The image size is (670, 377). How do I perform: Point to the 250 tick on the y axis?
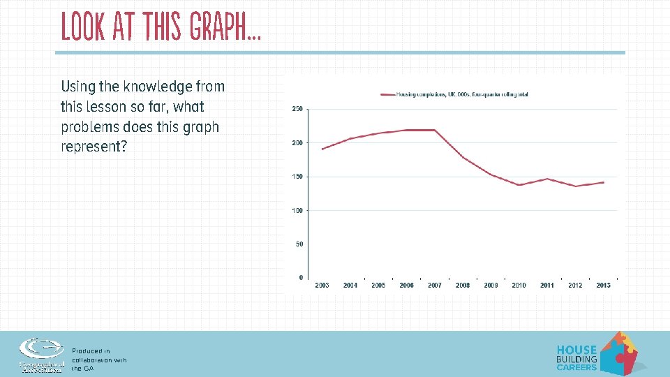[x=297, y=109]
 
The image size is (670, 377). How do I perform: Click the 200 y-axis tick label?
[x=297, y=143]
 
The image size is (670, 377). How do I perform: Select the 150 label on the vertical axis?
[x=297, y=177]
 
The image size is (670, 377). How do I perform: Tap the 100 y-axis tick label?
[x=297, y=210]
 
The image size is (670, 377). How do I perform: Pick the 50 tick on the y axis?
[x=299, y=244]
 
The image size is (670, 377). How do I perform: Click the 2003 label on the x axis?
[x=322, y=285]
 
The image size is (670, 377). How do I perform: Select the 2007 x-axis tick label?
[x=435, y=285]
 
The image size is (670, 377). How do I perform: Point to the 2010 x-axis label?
[x=519, y=285]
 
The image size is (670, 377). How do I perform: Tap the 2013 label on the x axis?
[x=603, y=285]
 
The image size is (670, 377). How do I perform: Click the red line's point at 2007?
[x=435, y=130]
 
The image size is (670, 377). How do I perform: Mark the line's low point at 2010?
[x=519, y=185]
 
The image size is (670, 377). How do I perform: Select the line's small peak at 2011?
[x=547, y=179]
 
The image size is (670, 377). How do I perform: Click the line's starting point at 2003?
[x=322, y=149]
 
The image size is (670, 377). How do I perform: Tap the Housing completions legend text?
[x=461, y=94]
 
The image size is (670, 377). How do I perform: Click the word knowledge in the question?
[x=158, y=87]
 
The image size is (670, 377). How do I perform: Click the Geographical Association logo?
[x=42, y=353]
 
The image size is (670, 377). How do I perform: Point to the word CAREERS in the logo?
[x=576, y=367]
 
